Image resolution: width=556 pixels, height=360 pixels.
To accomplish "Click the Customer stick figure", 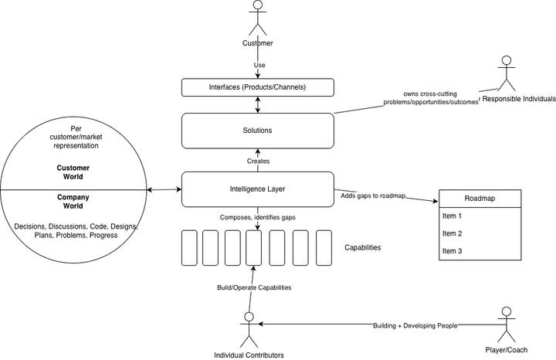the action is coord(258,18).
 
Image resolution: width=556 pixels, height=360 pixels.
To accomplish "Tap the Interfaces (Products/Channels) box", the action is coord(258,87).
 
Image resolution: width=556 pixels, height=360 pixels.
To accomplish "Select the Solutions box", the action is coord(258,131).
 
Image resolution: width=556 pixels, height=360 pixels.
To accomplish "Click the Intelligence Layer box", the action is coord(258,189).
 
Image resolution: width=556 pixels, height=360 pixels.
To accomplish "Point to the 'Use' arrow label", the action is coord(259,65).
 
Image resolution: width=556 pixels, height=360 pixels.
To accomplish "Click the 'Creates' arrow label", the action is coord(258,161).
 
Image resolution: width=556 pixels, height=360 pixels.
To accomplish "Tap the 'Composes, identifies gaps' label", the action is coord(257,217).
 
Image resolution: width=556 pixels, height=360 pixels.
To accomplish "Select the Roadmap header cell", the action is coord(480,199).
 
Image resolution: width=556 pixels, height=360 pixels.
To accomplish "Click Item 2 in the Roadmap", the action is coord(452,233).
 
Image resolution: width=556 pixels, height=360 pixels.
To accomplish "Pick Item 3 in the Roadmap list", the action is coord(452,251).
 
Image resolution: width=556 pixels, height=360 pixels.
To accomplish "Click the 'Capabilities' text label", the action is coord(363,247).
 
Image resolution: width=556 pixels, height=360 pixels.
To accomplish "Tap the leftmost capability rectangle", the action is coord(189,248).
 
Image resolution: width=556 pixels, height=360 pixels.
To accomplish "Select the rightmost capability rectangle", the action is coord(324,248).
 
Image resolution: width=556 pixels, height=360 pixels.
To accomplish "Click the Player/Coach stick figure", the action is coord(507,324).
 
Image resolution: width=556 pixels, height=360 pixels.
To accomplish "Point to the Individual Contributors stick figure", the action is coord(249,330).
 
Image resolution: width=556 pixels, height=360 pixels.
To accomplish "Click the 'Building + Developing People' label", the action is coord(415,325).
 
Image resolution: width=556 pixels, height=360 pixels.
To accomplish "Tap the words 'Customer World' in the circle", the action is coord(73,172).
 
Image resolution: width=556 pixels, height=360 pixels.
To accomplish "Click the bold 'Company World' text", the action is coord(73,202).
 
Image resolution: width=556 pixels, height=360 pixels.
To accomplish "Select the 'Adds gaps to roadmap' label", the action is coord(373,195).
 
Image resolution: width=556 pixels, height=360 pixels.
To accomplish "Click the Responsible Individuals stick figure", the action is coord(507,73).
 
